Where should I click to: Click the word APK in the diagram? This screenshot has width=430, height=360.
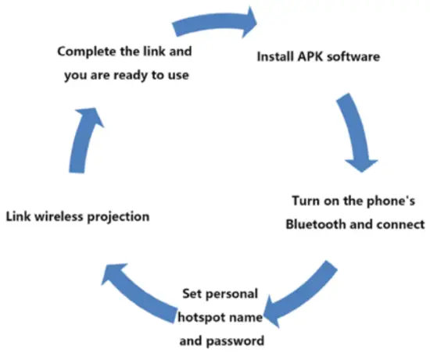coord(309,57)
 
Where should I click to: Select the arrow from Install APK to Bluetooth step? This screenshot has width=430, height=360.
coord(356,134)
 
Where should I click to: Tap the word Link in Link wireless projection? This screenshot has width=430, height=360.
coord(18,216)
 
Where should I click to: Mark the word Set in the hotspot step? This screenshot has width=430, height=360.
coord(192,296)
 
